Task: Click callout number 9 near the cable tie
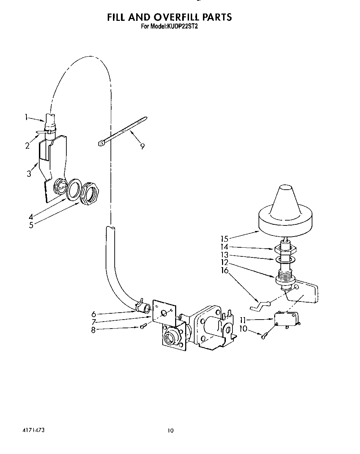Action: click(x=142, y=146)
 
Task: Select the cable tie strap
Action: click(x=123, y=131)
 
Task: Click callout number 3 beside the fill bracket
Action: click(x=29, y=174)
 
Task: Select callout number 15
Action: click(x=224, y=239)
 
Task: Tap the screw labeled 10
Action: click(x=264, y=335)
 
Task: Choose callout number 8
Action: click(x=93, y=330)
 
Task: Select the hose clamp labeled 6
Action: click(x=144, y=308)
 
